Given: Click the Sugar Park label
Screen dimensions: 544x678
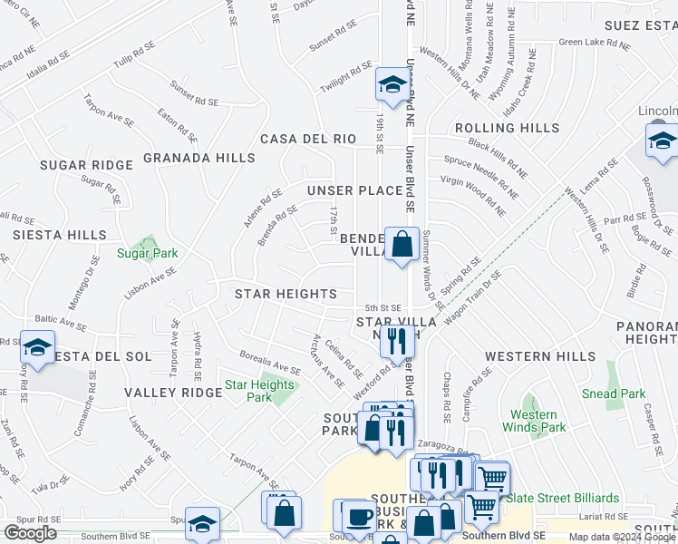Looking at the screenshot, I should click(147, 253).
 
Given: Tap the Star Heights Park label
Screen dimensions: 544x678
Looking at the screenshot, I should click(259, 391).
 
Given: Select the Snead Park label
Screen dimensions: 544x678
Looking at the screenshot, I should click(614, 393).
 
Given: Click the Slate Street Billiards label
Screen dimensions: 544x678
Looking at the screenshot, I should click(562, 498).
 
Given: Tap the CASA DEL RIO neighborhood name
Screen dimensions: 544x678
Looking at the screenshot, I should click(308, 139).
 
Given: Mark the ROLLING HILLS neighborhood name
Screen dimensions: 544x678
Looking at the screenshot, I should click(508, 128).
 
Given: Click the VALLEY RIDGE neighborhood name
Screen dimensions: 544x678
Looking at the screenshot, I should click(173, 393).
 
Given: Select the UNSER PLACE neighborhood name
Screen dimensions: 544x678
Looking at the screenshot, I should click(354, 190).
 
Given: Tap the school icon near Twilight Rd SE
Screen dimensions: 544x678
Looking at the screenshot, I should click(392, 84).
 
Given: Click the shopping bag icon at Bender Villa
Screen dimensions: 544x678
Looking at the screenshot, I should click(401, 243).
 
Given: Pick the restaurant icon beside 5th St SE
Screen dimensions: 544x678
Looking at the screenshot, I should click(394, 341).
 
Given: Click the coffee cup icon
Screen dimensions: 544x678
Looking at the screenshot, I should click(358, 517).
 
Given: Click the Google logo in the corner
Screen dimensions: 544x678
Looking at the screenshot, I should click(30, 533).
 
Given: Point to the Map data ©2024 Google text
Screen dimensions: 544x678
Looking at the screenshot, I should click(622, 537).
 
